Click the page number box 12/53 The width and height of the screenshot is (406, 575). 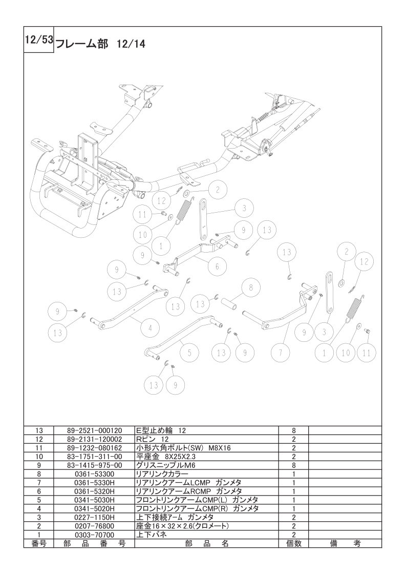[39, 39]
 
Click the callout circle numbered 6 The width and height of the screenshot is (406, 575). [217, 266]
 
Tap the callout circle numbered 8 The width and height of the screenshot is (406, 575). [251, 287]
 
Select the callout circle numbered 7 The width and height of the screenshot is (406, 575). [281, 353]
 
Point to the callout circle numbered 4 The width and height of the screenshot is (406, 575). [149, 328]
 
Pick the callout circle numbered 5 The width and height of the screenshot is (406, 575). [189, 353]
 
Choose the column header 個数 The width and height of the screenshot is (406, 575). [293, 543]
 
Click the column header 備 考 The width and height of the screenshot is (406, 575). [345, 543]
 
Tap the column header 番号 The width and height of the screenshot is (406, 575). [39, 543]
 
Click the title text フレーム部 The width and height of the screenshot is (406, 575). [82, 44]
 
